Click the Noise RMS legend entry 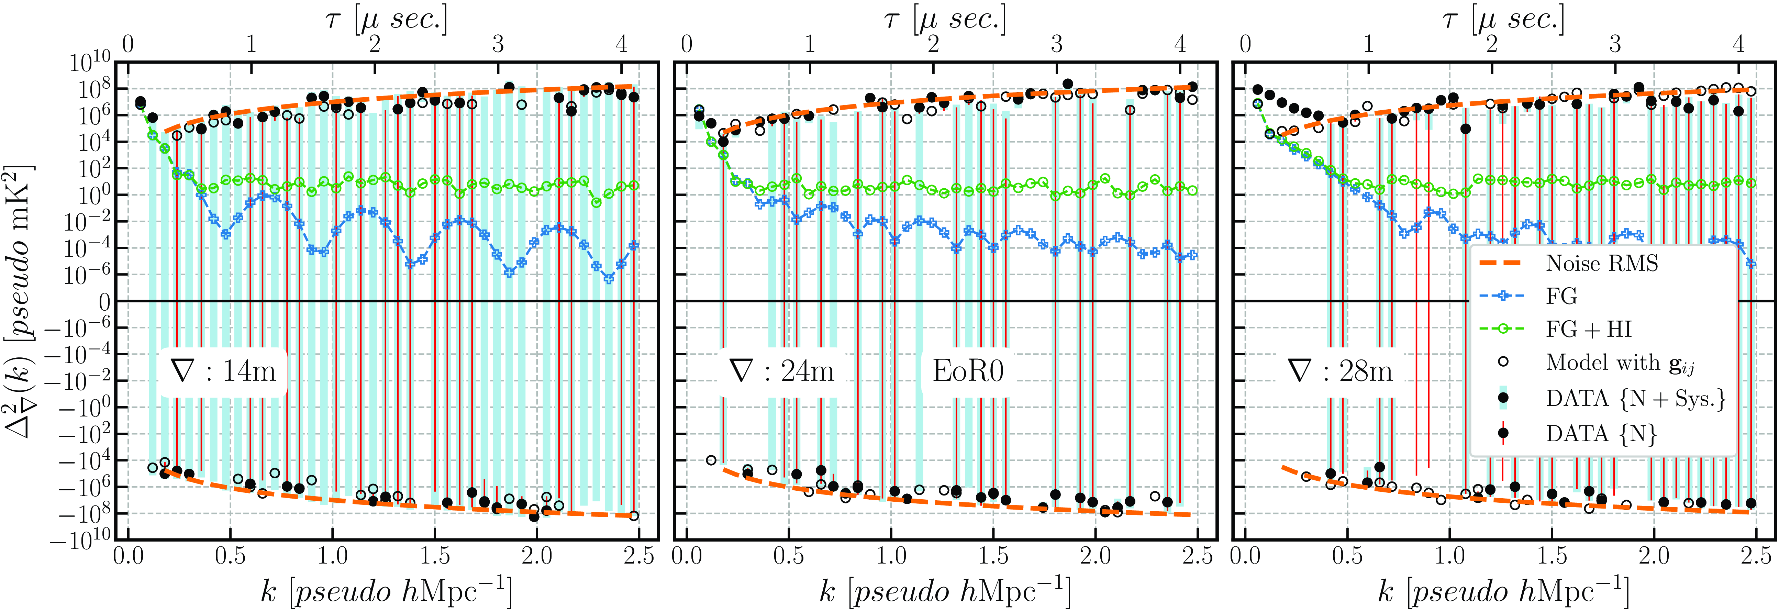point(1601,263)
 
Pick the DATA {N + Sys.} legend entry point(1635,399)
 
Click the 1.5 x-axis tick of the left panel point(434,555)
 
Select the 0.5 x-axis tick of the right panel point(1347,555)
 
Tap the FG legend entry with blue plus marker point(1561,296)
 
